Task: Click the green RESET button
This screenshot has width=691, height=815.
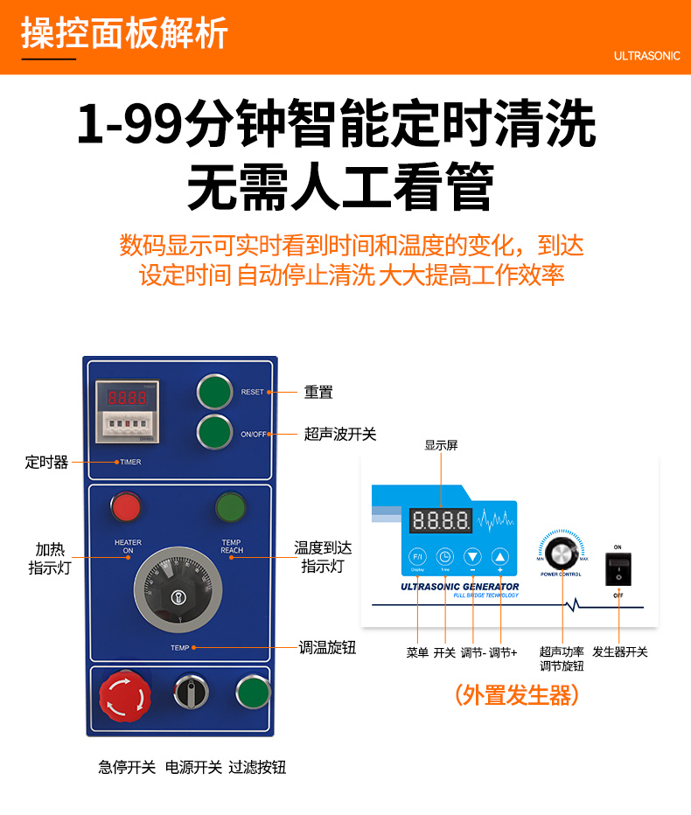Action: pos(214,392)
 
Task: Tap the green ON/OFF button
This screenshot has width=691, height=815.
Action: pos(214,433)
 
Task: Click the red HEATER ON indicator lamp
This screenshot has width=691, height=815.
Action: pos(126,507)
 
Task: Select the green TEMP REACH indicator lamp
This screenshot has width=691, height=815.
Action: pos(231,507)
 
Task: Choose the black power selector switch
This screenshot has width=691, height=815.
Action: pos(190,692)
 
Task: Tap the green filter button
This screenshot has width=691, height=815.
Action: pos(253,693)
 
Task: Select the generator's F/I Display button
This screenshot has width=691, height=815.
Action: pos(417,557)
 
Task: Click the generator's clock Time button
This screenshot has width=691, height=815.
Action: pos(444,557)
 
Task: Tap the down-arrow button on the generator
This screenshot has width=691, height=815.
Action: pos(472,557)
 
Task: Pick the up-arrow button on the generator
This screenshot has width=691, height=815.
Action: pos(499,557)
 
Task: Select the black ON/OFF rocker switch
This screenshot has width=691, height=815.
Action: pos(618,569)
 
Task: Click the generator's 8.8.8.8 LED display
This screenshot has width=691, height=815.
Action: pos(441,521)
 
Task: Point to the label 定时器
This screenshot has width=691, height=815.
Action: pos(46,462)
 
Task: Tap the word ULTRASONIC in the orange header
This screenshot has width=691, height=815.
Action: pos(646,55)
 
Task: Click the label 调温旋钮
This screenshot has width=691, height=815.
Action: pos(327,648)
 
